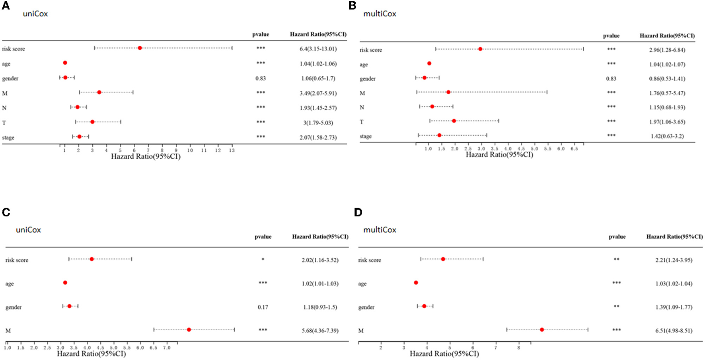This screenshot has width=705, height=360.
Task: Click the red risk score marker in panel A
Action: (140, 48)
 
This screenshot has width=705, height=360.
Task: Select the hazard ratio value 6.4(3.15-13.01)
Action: (318, 49)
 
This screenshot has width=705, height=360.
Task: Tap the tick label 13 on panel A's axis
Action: (232, 150)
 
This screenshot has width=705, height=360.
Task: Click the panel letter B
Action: (352, 6)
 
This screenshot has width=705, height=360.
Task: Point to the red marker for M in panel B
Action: (448, 92)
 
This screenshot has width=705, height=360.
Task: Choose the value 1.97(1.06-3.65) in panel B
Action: (667, 122)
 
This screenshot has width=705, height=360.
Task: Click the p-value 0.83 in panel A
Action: (261, 78)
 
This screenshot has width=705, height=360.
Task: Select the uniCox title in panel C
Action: (28, 230)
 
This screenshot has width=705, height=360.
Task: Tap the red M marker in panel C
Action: (189, 330)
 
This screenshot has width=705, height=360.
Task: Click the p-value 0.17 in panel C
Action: (263, 307)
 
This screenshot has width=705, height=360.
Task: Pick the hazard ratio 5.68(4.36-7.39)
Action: (320, 331)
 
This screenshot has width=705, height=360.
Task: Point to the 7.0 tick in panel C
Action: (166, 348)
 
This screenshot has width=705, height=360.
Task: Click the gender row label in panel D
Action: (366, 307)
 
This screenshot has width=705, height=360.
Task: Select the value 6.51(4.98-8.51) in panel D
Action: (674, 331)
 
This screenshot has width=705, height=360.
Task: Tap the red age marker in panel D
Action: (416, 283)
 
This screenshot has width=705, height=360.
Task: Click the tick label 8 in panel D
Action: (518, 348)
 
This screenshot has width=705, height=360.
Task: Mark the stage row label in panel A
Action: (8, 138)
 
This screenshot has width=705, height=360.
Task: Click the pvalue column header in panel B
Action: (611, 36)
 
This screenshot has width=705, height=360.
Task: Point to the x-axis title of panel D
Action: (444, 354)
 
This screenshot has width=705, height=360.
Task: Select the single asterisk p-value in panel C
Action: (263, 260)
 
